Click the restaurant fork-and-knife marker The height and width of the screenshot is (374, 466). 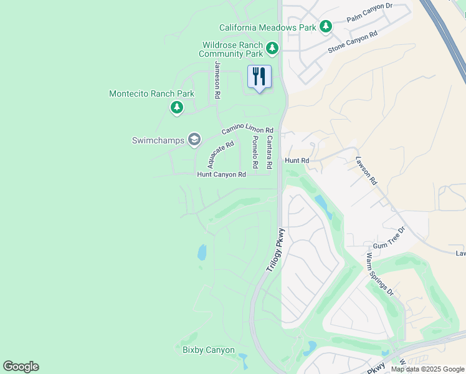point(259,77)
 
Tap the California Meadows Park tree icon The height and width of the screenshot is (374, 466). point(325,27)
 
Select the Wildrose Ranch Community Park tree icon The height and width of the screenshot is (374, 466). point(272,47)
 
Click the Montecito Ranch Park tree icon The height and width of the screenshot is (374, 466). point(177,108)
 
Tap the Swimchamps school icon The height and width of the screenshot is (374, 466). point(194,140)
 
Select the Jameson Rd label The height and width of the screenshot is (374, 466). point(217,80)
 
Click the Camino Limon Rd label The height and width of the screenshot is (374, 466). point(248,128)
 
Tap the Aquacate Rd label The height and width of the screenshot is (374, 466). point(221,155)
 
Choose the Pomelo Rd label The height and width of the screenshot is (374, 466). point(255,153)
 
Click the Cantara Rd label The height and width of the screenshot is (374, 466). point(269,153)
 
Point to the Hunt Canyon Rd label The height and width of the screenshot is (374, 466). point(221,175)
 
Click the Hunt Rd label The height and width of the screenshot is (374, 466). point(297,160)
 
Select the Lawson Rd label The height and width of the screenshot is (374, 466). point(366,170)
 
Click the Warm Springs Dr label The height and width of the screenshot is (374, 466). point(379,273)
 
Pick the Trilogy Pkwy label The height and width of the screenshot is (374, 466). point(275,249)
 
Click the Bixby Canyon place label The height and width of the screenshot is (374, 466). point(208,350)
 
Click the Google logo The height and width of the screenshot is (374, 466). point(21,367)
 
